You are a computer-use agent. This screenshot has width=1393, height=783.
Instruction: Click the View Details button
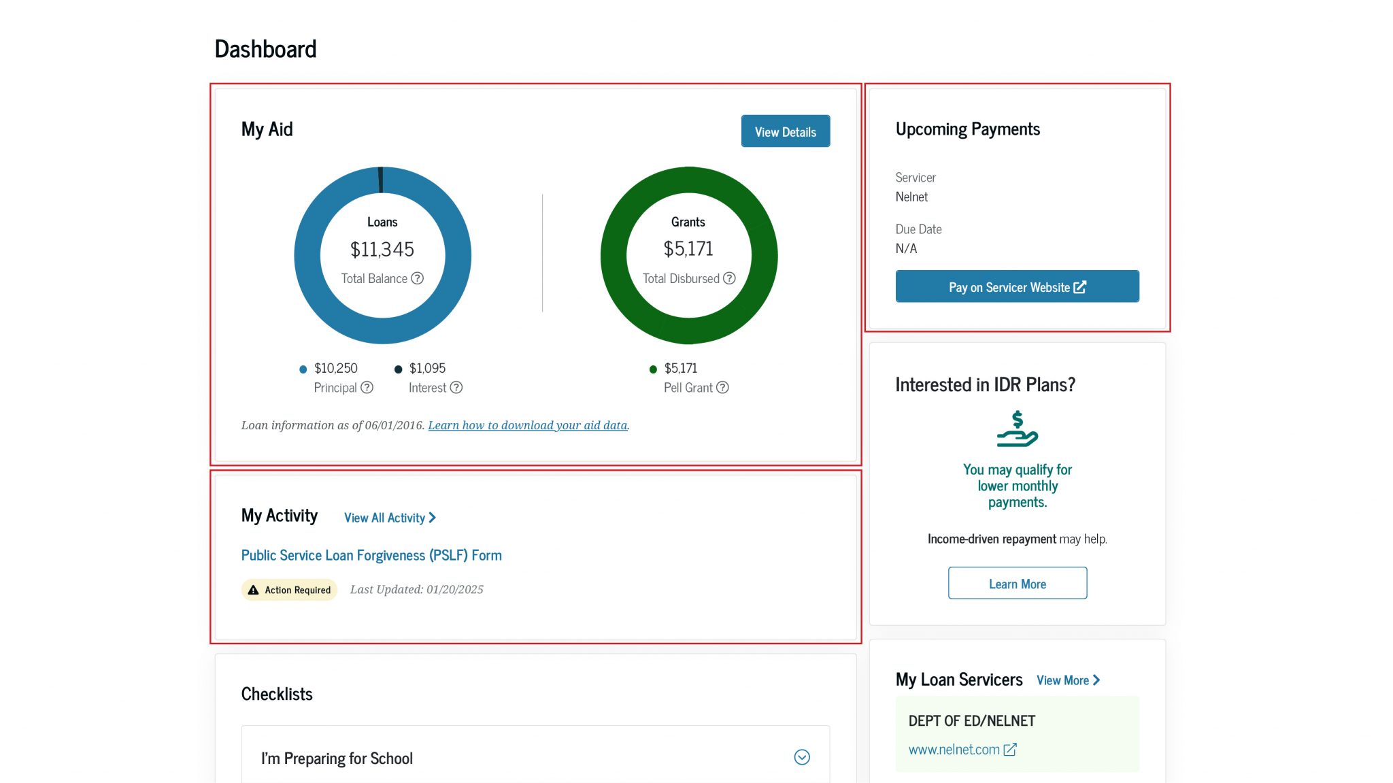785,131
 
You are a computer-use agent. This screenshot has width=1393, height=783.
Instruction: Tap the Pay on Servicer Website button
1017,286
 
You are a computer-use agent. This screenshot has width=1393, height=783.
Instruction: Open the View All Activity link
390,518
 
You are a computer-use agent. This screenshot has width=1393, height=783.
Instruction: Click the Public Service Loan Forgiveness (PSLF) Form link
371,555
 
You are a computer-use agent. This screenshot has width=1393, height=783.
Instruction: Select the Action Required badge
290,590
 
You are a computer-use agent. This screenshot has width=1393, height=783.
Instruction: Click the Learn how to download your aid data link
528,425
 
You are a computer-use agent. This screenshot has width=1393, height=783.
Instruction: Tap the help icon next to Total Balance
418,278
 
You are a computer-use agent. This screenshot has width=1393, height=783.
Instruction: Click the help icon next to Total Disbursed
729,278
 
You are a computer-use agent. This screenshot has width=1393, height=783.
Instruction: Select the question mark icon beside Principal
367,387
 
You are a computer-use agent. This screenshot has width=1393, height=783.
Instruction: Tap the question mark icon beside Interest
456,387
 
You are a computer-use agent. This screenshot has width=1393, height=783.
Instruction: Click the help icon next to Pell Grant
722,387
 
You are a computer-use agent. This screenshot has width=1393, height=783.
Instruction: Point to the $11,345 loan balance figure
382,250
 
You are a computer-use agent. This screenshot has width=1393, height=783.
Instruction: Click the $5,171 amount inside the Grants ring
688,249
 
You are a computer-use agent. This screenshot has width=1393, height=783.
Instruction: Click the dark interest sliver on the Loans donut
380,180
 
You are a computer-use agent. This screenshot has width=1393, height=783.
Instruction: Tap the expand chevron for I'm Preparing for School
802,757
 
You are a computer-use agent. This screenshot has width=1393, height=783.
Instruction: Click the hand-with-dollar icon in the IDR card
1017,429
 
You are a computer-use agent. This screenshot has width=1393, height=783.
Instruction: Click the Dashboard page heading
265,49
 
